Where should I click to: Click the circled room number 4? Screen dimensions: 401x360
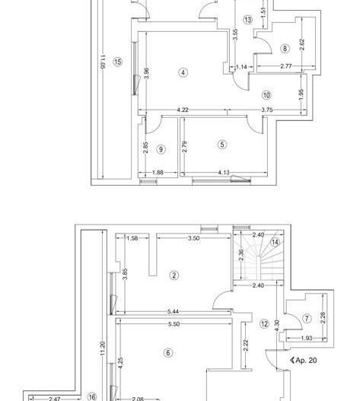[x=183, y=73]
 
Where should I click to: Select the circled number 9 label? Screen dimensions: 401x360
[x=161, y=150]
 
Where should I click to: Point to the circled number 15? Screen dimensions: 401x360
[x=117, y=62]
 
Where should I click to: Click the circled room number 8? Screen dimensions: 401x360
[x=285, y=49]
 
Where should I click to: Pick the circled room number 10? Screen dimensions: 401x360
[x=266, y=96]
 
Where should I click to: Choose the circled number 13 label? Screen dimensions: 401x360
[x=248, y=20]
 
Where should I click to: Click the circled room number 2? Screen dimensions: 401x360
[x=174, y=275]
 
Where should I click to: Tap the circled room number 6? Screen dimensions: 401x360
[x=168, y=352]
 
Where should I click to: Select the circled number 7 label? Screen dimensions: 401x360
[x=307, y=318]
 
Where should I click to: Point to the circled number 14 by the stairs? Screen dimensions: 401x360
[x=275, y=242]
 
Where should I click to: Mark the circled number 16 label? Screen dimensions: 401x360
[x=91, y=396]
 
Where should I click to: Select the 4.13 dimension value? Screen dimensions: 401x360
[x=224, y=173]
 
